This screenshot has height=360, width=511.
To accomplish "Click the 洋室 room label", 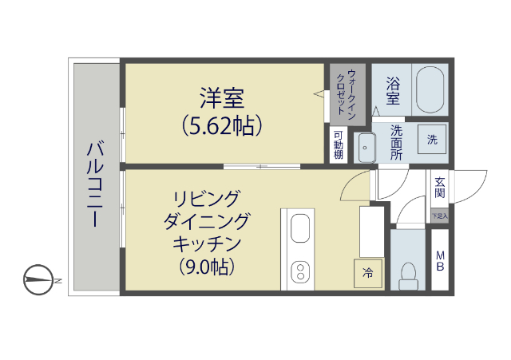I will [221, 100].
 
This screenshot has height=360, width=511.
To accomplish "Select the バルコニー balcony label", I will [95, 184].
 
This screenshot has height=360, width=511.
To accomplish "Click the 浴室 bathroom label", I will [392, 90].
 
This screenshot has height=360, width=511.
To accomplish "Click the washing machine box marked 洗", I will [432, 140].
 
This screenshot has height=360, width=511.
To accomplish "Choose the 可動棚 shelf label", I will [339, 144].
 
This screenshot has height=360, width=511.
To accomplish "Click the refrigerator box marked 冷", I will [368, 273].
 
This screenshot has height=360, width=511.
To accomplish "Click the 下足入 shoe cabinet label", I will [440, 216].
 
